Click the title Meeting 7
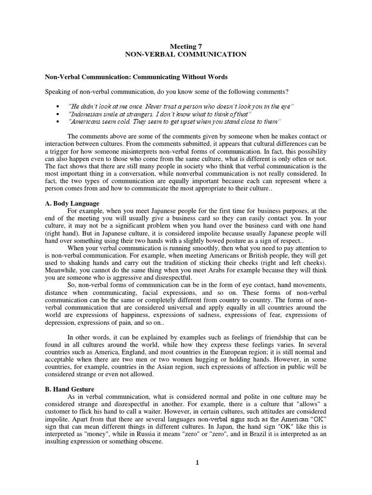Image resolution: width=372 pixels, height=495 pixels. (186, 46)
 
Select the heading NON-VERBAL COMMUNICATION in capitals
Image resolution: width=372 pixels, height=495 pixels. (186, 55)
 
